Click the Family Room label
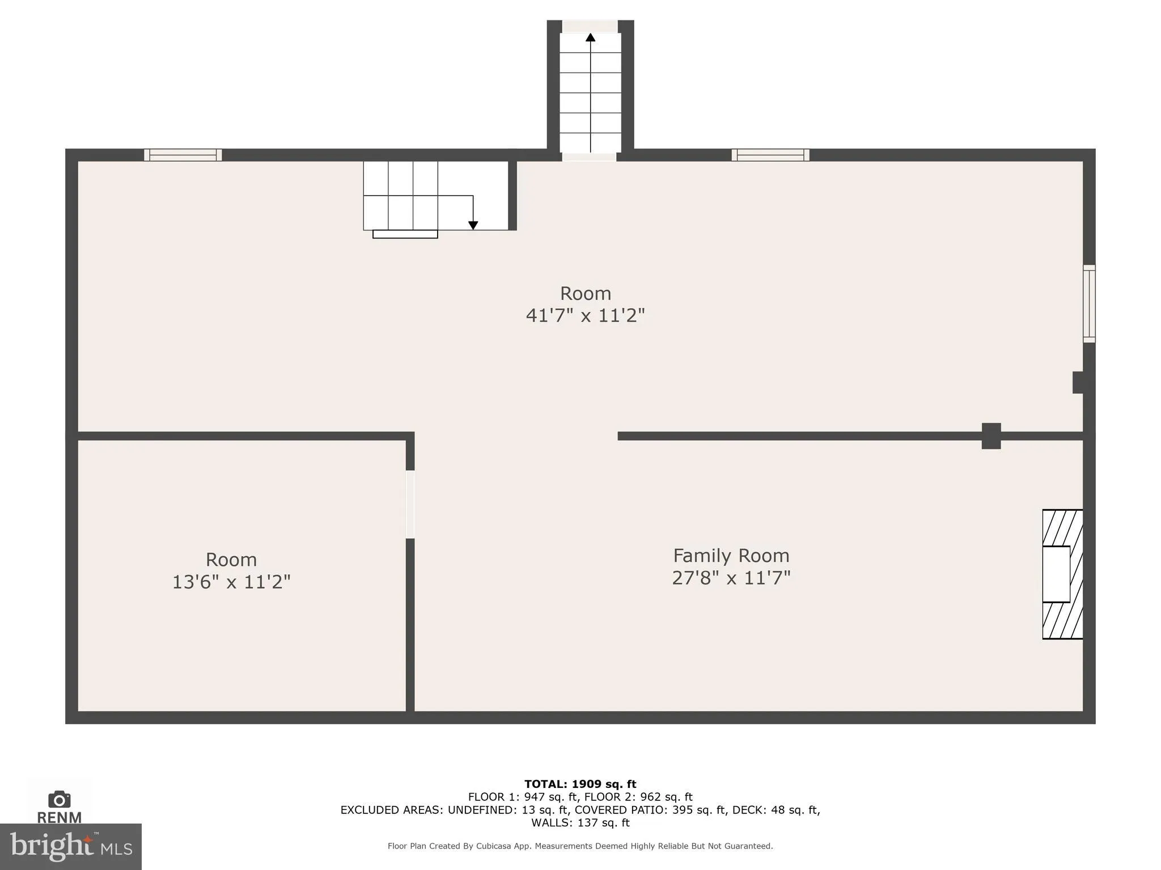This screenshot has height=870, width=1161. [x=731, y=555]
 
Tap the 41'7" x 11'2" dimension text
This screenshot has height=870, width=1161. [x=585, y=315]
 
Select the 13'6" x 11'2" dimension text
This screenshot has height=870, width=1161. [x=231, y=582]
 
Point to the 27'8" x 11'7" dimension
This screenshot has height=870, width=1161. [x=731, y=578]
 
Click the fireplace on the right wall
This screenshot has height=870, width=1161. [x=1062, y=574]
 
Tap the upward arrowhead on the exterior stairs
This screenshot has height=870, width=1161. [x=590, y=38]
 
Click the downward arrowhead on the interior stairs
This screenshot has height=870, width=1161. [x=473, y=225]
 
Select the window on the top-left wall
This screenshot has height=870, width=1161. [x=183, y=155]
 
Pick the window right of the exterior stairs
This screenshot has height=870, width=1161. [x=770, y=155]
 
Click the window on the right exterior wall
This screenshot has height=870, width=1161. [x=1089, y=304]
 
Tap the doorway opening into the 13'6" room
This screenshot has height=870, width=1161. [x=410, y=504]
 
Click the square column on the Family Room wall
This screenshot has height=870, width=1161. [x=991, y=436]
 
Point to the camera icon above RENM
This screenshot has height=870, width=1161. [x=59, y=799]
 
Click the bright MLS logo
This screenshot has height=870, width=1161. [x=70, y=846]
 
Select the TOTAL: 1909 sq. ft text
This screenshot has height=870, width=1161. [x=580, y=784]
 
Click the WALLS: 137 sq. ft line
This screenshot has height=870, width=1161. [x=580, y=822]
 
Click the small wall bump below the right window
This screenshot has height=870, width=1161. [x=1078, y=382]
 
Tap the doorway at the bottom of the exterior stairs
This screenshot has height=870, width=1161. [x=589, y=157]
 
